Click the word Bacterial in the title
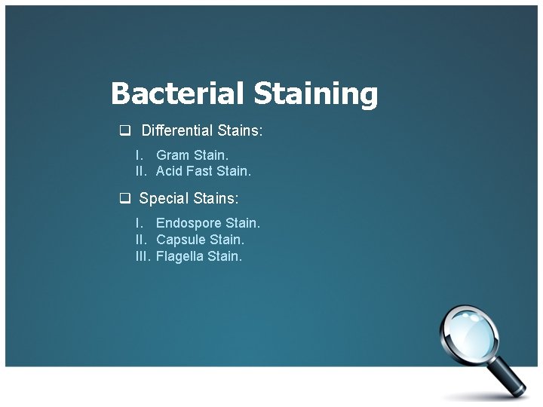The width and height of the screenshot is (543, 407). (x=178, y=94)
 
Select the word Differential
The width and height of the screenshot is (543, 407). (x=177, y=130)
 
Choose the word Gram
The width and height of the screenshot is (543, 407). (x=173, y=155)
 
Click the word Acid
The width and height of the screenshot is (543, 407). (x=169, y=171)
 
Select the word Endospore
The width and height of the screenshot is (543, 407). (x=189, y=223)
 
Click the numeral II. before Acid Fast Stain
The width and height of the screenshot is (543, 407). (x=141, y=171)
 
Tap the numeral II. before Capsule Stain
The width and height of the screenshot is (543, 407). (x=141, y=240)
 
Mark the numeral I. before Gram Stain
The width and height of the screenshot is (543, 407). (x=139, y=155)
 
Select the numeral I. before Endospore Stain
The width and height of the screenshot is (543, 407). (x=139, y=223)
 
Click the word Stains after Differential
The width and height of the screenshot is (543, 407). (x=240, y=130)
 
